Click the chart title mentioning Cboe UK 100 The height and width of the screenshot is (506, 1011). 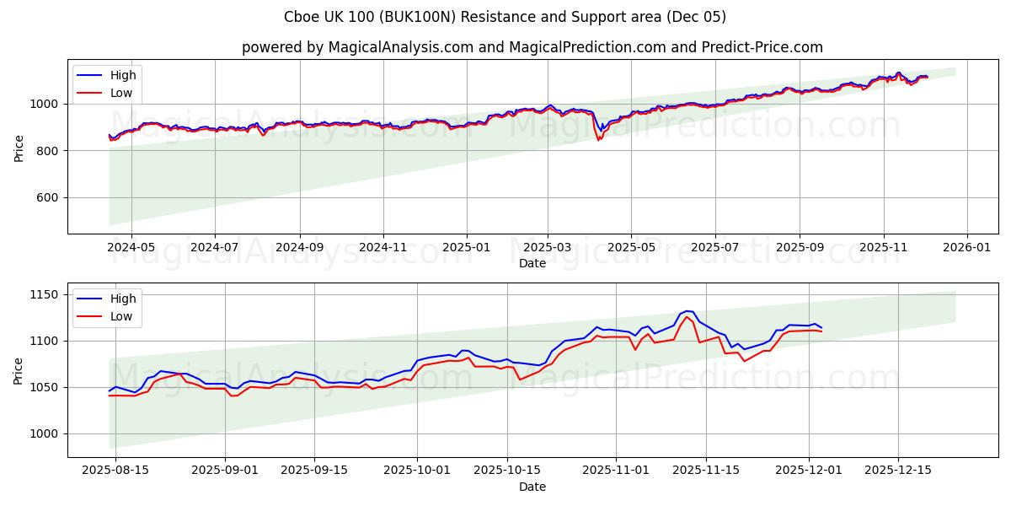[505, 17]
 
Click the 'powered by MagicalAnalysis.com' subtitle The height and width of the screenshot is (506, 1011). [532, 47]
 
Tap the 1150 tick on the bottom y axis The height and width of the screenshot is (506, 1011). [41, 294]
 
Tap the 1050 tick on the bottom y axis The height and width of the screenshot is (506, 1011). [41, 387]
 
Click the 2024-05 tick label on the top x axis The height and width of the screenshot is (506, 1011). [131, 247]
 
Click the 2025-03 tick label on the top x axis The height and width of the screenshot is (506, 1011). [548, 247]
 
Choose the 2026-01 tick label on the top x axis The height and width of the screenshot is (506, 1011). [966, 247]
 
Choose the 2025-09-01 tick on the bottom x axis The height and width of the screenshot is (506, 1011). [225, 471]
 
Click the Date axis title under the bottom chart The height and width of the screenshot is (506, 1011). [532, 487]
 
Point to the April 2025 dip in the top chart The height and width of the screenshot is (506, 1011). [598, 137]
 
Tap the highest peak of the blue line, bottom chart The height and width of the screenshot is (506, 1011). [687, 311]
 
